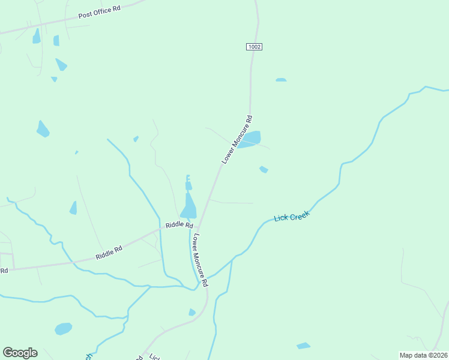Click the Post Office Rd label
pyautogui.click(x=99, y=13)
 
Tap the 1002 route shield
pyautogui.click(x=254, y=46)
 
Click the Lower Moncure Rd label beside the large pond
pyautogui.click(x=237, y=139)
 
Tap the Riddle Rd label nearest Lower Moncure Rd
pyautogui.click(x=179, y=226)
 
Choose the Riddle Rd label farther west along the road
pyautogui.click(x=109, y=253)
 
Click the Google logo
pyautogui.click(x=20, y=353)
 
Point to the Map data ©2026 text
pyautogui.click(x=423, y=355)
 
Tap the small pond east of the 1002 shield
pyautogui.click(x=281, y=80)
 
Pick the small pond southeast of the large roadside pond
pyautogui.click(x=264, y=170)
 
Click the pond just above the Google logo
pyautogui.click(x=63, y=329)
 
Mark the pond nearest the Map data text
pyautogui.click(x=304, y=346)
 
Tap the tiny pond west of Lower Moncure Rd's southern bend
pyautogui.click(x=192, y=312)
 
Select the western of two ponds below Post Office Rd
pyautogui.click(x=37, y=36)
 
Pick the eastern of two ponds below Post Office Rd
pyautogui.click(x=56, y=40)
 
